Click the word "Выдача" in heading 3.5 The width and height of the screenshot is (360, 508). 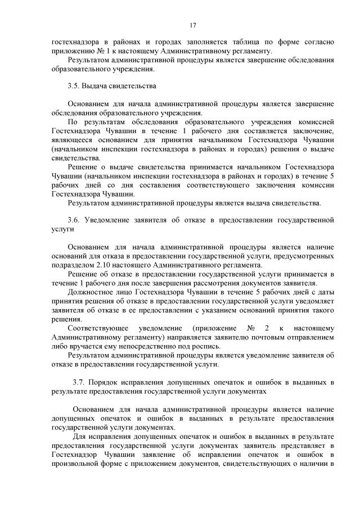click(x=93, y=87)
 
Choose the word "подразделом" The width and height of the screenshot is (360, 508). click(x=71, y=265)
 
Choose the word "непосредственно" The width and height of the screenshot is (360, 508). click(x=151, y=346)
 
